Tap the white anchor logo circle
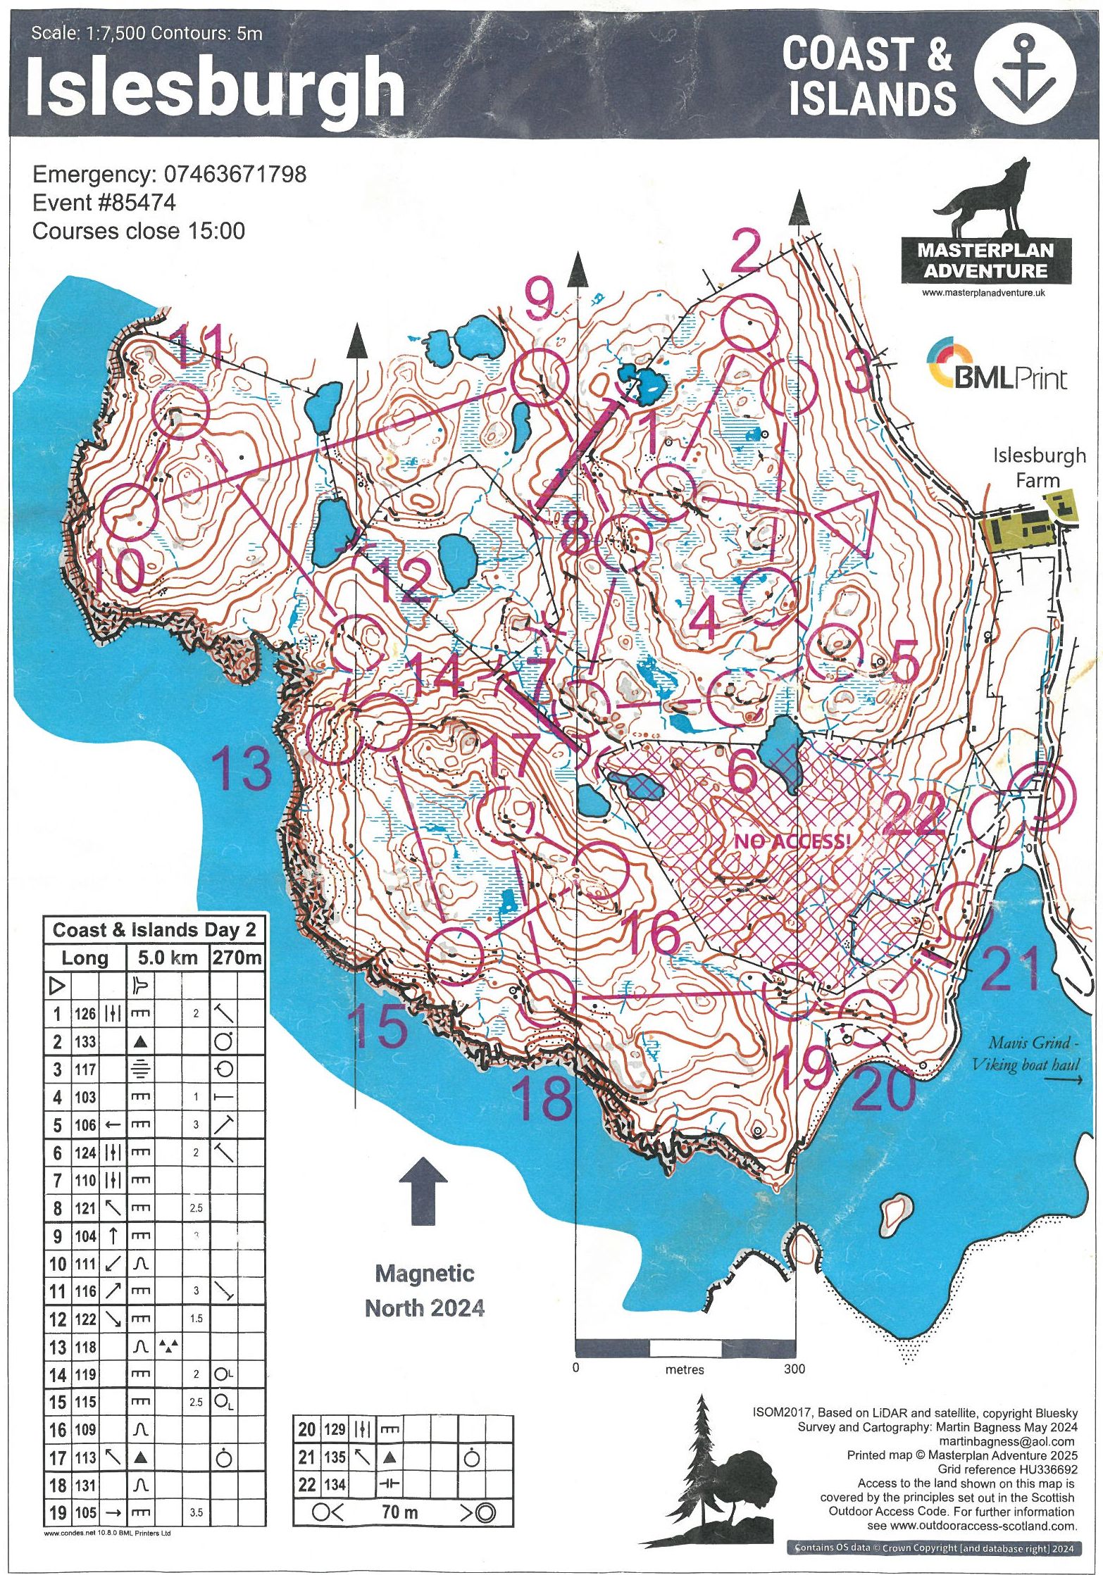[1025, 74]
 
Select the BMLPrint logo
[997, 366]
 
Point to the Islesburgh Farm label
[1039, 467]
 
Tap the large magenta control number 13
[241, 768]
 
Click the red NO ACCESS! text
[792, 841]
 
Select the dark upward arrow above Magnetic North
[423, 1189]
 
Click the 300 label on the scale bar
[794, 1369]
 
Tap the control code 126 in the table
[85, 1014]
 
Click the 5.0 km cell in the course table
[168, 958]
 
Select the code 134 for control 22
[335, 1485]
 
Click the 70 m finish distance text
[400, 1512]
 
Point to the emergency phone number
[235, 174]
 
